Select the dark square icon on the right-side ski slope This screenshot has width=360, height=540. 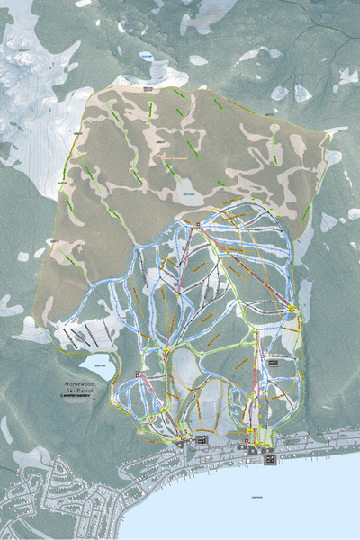[273, 364]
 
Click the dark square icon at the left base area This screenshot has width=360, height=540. [201, 438]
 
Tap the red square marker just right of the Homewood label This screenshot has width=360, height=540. [138, 376]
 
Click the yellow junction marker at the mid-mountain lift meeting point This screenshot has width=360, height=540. [166, 349]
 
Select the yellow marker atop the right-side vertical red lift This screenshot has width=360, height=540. [256, 331]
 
